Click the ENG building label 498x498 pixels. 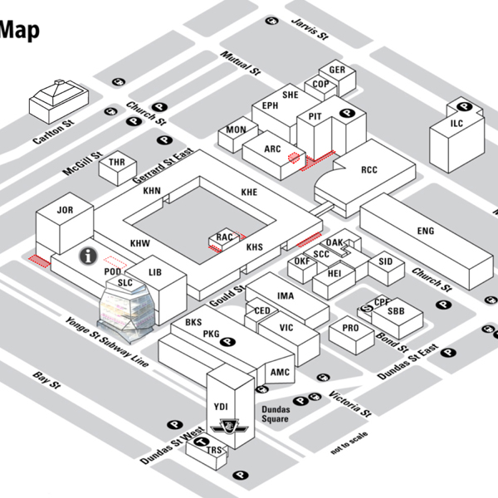(x=426, y=231)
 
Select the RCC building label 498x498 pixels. (x=369, y=170)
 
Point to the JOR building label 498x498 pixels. (x=65, y=211)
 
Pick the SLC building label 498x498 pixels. (x=125, y=282)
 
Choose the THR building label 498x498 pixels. (x=117, y=164)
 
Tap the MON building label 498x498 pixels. (x=237, y=130)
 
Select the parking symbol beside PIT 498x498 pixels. (x=349, y=114)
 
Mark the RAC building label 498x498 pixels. (x=224, y=237)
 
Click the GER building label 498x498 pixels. (x=337, y=71)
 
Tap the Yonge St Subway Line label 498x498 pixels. (x=107, y=341)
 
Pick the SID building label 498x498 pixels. (x=385, y=261)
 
